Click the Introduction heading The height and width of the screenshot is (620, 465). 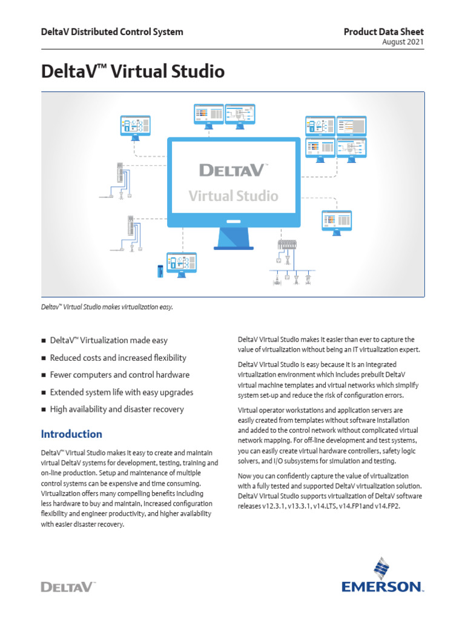coord(71,434)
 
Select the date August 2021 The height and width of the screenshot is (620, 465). coord(403,42)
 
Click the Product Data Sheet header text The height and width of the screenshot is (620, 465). coord(384,31)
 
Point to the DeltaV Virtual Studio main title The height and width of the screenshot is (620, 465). coord(133,72)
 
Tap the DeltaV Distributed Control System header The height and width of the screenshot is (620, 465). coord(112,31)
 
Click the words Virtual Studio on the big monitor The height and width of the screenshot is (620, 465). coord(233,196)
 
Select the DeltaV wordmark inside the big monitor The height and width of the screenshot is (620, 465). coord(233,170)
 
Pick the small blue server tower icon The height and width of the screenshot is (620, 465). coord(160,271)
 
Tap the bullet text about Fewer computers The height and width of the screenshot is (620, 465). coord(119,375)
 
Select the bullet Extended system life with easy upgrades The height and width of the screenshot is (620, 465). coord(121,392)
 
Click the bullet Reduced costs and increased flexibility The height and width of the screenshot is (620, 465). coord(118,358)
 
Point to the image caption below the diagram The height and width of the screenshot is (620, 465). coord(107,307)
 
